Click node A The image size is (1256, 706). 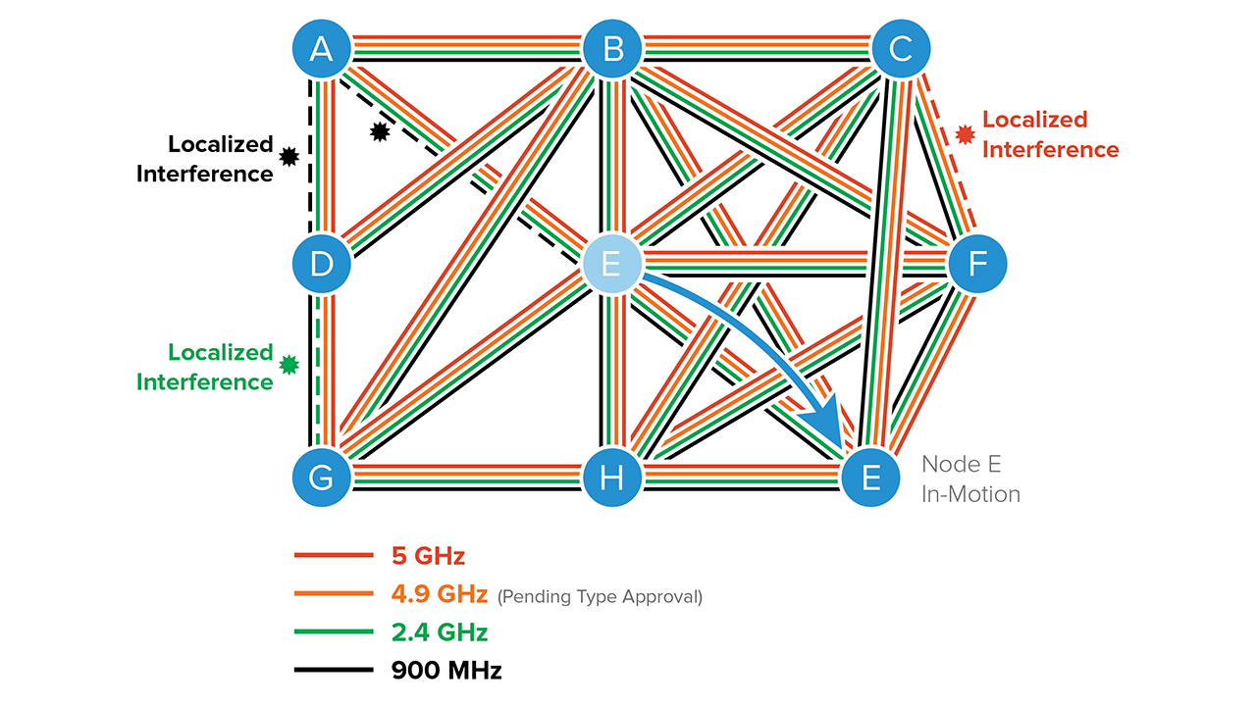(321, 48)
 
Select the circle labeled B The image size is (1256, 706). (612, 48)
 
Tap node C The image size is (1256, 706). (901, 48)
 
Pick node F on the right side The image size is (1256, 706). (977, 264)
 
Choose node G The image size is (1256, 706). (321, 479)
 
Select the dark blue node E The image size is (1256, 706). (870, 479)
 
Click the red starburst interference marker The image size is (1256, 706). (966, 132)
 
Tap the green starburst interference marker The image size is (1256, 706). (288, 365)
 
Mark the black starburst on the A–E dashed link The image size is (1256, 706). (380, 131)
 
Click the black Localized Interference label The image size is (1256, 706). (205, 159)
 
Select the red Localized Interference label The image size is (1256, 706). (1049, 134)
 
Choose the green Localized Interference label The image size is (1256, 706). (205, 367)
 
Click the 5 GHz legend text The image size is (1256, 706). (428, 556)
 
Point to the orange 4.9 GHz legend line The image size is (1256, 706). (334, 594)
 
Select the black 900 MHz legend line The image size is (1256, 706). (334, 671)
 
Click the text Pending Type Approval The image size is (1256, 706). (600, 596)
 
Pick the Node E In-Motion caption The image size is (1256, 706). (969, 479)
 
